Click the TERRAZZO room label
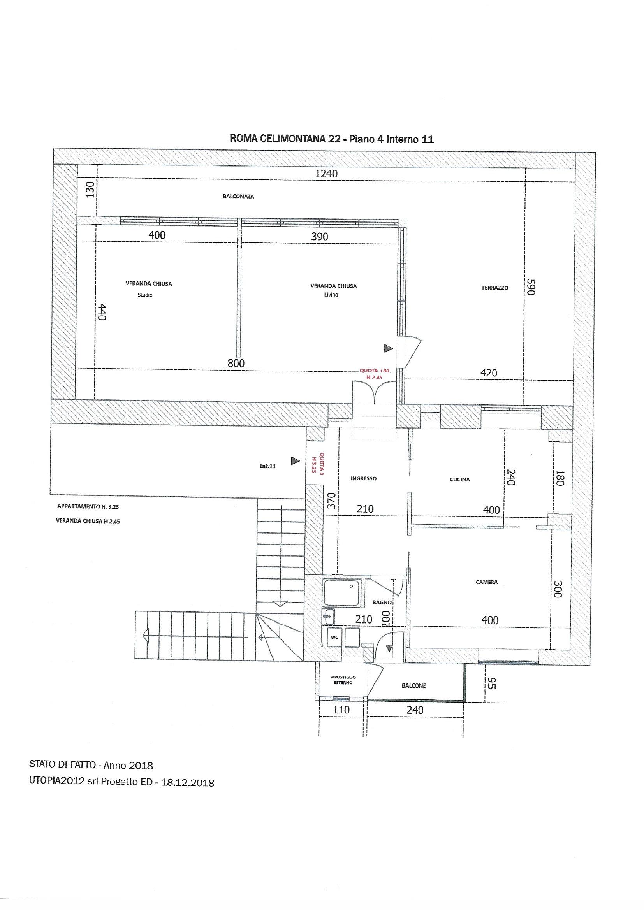(494, 288)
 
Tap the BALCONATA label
(238, 196)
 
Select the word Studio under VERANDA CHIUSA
(145, 295)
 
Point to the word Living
(331, 295)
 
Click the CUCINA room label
(459, 480)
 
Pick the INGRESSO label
(363, 478)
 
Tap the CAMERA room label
(487, 582)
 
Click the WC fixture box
(335, 637)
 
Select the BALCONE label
(413, 686)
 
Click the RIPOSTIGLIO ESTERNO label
(343, 680)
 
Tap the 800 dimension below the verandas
(236, 363)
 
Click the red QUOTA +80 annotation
(375, 371)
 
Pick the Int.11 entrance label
(267, 466)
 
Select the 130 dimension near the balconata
(91, 190)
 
